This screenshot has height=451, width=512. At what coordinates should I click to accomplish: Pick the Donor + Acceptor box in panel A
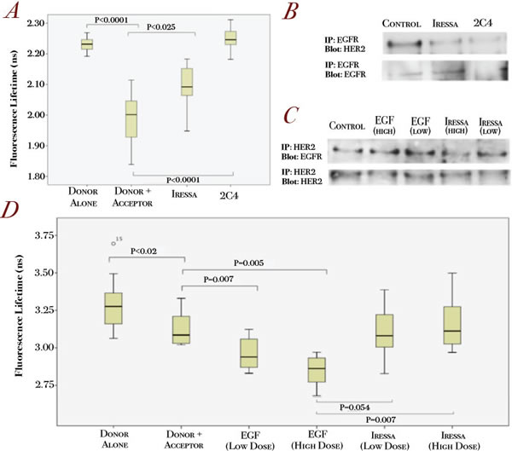[x=131, y=118]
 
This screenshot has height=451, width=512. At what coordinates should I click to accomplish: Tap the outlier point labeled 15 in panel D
[x=113, y=243]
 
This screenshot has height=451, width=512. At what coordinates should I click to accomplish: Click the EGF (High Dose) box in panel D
[x=317, y=369]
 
